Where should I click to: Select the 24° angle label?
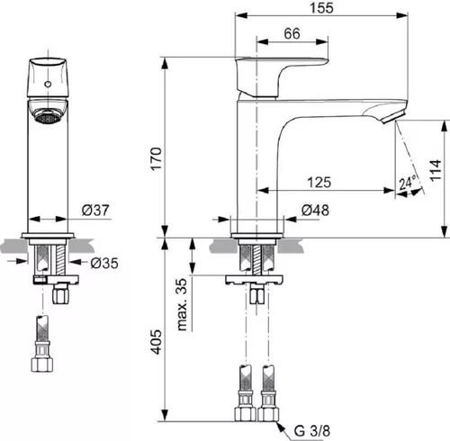pos(408,184)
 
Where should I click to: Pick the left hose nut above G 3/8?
pos(242,415)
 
